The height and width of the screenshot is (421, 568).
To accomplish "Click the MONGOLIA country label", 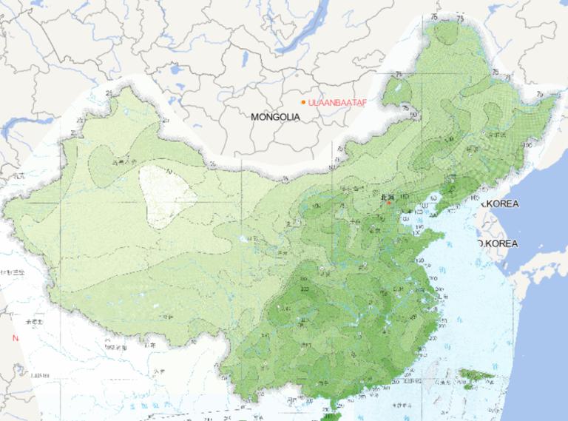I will (275, 117).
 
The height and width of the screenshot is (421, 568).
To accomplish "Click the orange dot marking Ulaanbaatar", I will (303, 102).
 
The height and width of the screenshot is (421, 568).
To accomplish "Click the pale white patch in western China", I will (167, 194).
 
